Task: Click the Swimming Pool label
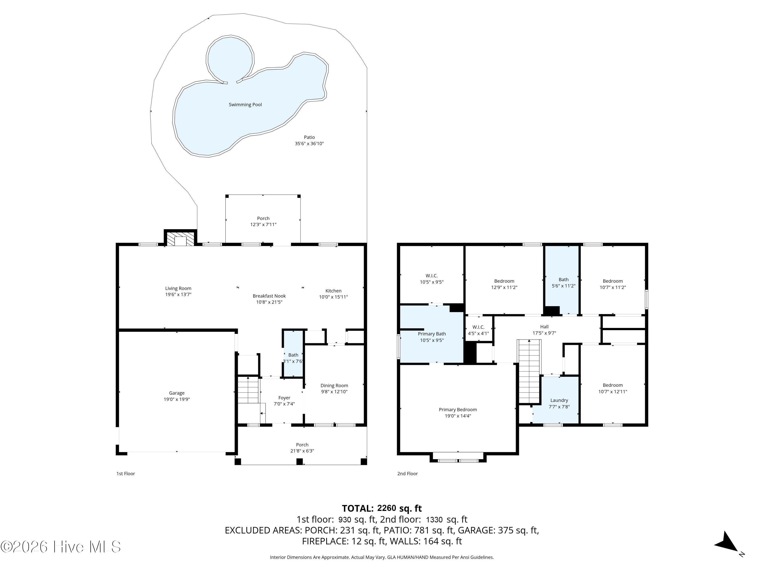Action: (x=245, y=105)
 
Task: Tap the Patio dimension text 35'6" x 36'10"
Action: (x=309, y=144)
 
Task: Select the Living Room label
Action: (x=178, y=288)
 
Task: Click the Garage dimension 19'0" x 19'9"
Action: (x=177, y=399)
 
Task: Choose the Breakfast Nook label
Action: (x=269, y=296)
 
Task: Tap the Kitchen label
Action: (x=333, y=291)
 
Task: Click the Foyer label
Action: (x=284, y=398)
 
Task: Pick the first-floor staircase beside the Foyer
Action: (x=248, y=390)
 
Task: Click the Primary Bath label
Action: (x=432, y=334)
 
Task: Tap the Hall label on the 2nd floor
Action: (x=544, y=327)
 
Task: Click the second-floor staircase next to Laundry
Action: (x=529, y=372)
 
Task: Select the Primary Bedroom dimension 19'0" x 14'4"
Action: (x=458, y=416)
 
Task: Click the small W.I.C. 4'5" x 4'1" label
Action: (x=478, y=330)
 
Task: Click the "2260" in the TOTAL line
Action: (x=387, y=508)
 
